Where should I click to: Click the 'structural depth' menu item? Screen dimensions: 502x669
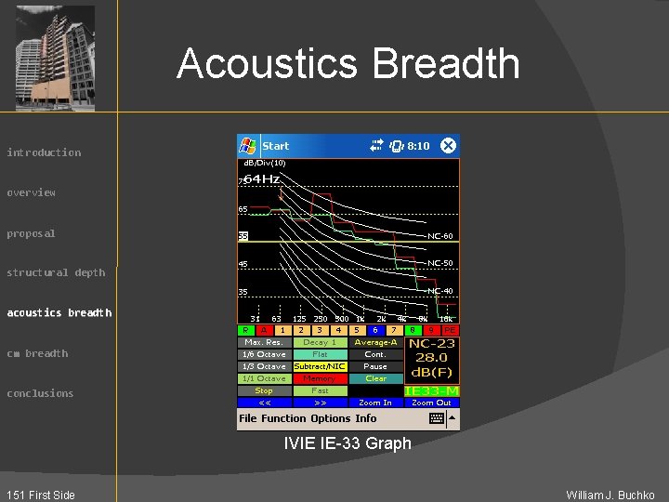56,272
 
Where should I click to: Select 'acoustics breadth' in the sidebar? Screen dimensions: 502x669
59,312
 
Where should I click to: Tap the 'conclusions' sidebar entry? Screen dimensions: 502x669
40,393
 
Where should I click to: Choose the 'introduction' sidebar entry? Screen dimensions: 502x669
44,152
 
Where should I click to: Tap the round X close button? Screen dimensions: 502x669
448,146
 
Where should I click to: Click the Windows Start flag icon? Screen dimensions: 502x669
248,146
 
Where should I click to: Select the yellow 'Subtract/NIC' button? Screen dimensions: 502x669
320,366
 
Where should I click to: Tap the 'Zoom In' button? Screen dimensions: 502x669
375,403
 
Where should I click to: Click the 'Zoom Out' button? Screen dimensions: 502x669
432,403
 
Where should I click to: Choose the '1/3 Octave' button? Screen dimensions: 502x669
264,366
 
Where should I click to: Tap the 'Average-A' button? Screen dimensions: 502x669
375,342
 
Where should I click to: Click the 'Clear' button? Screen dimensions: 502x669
375,378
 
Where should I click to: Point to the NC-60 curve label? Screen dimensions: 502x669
440,236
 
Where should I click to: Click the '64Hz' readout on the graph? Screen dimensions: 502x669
261,178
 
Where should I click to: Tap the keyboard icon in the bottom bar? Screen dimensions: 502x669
437,418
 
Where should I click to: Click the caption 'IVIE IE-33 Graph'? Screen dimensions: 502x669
348,443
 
